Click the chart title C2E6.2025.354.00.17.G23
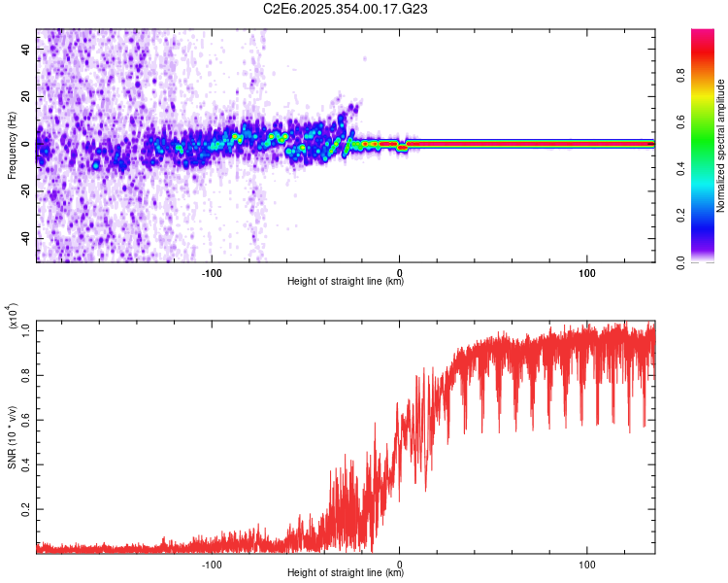point(346,9)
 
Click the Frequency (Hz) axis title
point(12,145)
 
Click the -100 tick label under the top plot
point(212,270)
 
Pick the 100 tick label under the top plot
point(586,270)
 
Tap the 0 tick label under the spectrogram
point(399,270)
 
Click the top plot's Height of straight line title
point(346,282)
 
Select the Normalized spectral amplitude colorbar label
point(720,146)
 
